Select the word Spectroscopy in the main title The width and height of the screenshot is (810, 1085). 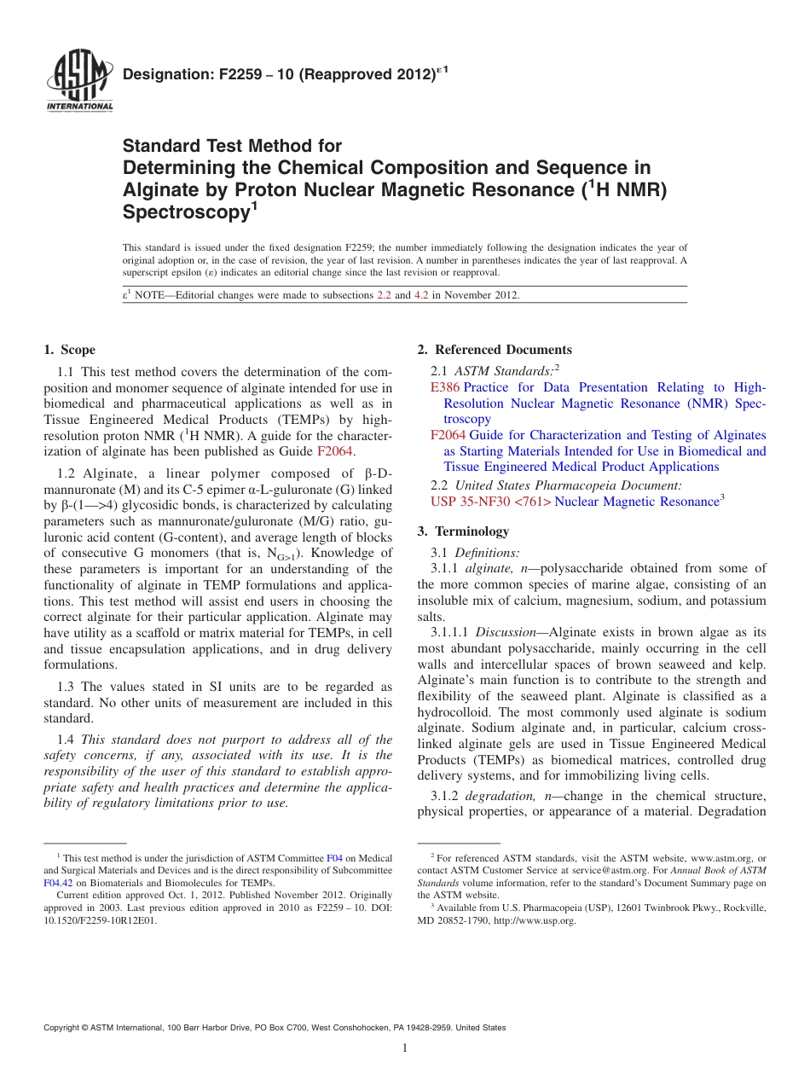[183, 212]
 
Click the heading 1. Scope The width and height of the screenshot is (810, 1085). [69, 350]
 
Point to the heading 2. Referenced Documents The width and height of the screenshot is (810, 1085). [495, 350]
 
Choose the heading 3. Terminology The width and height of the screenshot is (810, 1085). [463, 531]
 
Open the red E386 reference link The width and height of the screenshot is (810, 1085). [445, 387]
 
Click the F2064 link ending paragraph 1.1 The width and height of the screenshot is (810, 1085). [334, 451]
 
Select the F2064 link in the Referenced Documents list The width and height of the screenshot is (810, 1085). [448, 435]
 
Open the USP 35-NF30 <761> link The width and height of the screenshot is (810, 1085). [490, 502]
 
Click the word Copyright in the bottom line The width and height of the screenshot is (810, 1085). [63, 1028]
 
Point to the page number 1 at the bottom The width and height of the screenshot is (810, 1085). [405, 1047]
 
